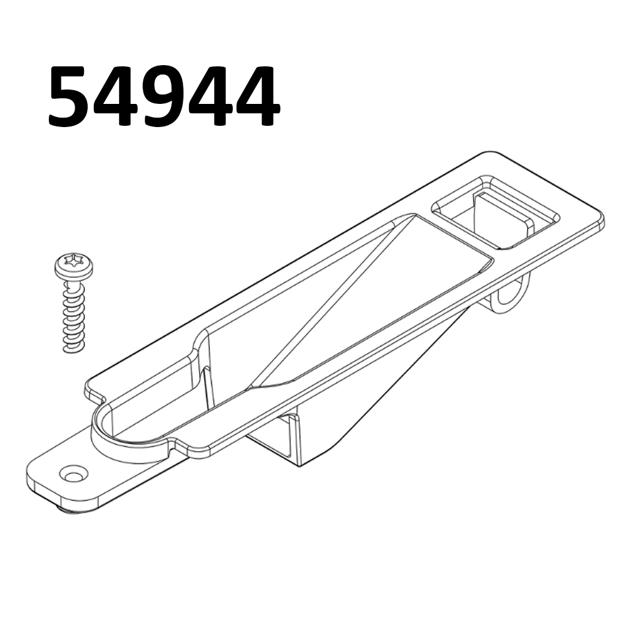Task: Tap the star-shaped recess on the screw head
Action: (74, 263)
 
